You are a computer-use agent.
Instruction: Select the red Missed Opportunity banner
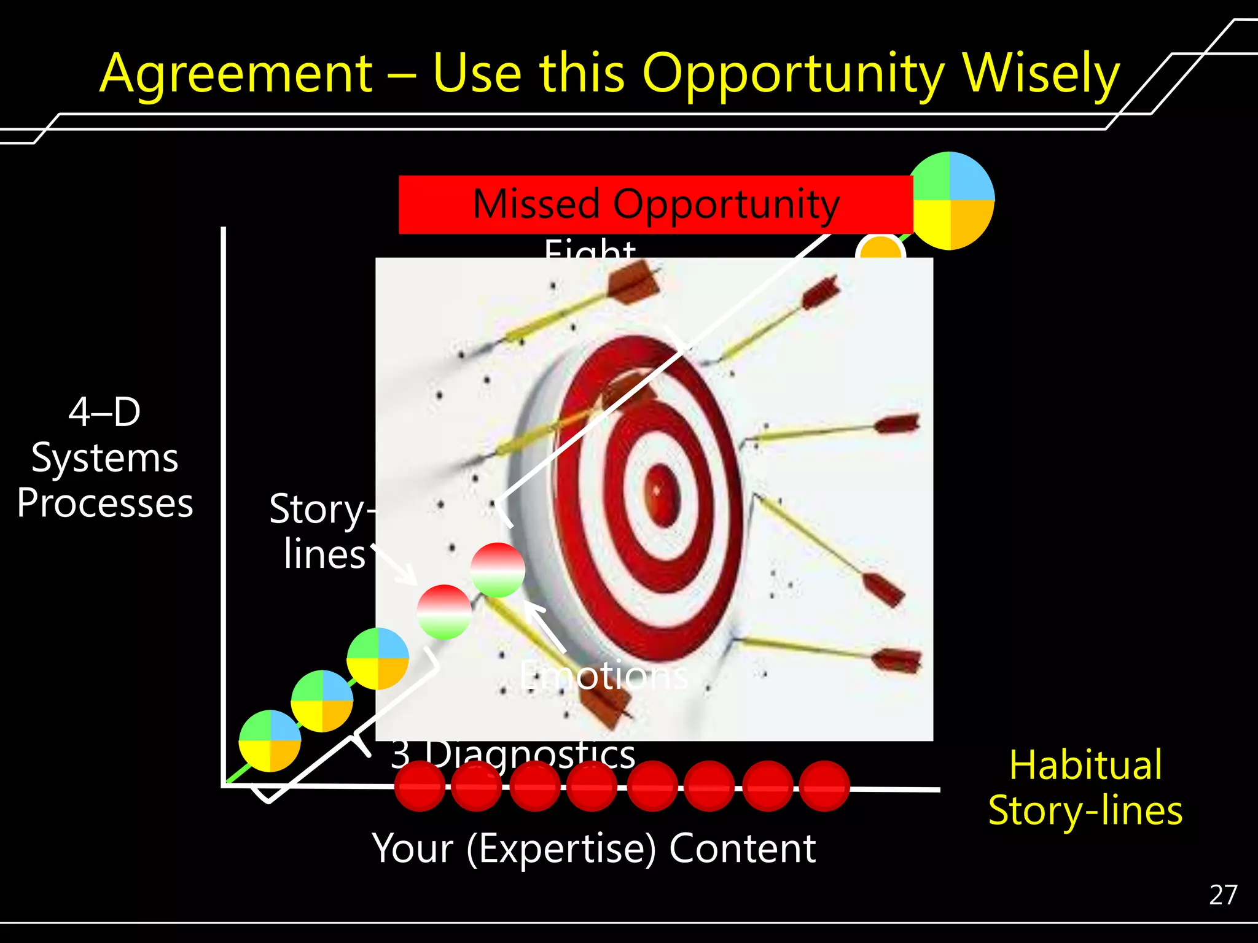click(x=655, y=204)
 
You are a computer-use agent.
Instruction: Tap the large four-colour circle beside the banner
click(x=950, y=201)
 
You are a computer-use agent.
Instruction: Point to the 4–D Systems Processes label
click(x=104, y=457)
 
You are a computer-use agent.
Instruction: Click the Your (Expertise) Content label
click(x=594, y=848)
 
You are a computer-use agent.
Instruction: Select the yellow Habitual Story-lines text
click(x=1085, y=788)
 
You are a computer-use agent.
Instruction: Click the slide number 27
click(x=1222, y=895)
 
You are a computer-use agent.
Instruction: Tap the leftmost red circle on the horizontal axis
click(x=420, y=786)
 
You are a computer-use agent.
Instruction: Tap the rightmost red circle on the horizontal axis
click(x=824, y=786)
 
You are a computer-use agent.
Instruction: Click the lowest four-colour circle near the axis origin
click(x=270, y=740)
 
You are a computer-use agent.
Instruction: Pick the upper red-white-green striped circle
click(x=498, y=570)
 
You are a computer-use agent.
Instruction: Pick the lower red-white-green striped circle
click(x=444, y=612)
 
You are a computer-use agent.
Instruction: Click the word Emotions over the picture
click(x=604, y=676)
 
